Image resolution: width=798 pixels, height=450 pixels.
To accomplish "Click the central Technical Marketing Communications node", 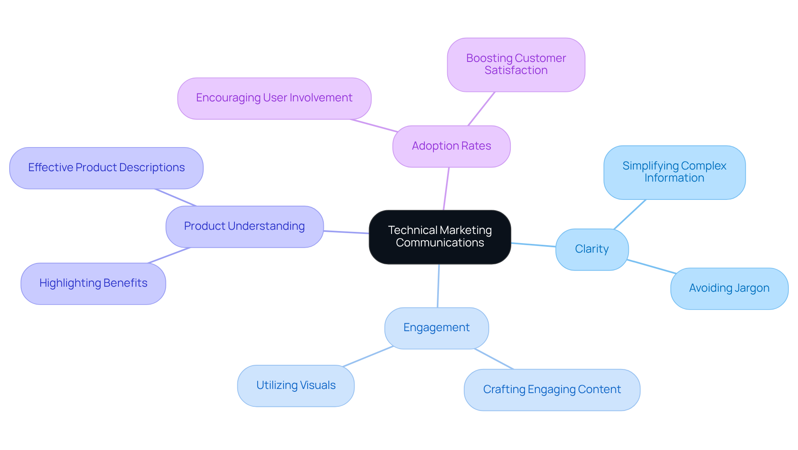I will coord(440,237).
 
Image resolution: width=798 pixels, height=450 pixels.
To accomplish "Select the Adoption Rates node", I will coord(451,146).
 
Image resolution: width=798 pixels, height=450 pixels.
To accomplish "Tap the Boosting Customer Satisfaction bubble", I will coord(516,65).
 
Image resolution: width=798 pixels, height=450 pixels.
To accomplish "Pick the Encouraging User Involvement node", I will coord(274,98).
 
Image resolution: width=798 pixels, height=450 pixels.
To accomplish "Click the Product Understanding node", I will coord(244,226).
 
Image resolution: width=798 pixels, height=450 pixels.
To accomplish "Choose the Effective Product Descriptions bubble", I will coord(106,168).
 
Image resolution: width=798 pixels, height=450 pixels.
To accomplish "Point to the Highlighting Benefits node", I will coord(93,283).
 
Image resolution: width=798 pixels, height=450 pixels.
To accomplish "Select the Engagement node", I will coord(436,328).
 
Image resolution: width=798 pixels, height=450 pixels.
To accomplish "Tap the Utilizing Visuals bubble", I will coord(296,386).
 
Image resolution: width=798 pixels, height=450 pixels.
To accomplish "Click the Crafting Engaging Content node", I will coord(552,390).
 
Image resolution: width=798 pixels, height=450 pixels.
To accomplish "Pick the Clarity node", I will coord(591,249).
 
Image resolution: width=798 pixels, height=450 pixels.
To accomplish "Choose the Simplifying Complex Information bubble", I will coord(674,172).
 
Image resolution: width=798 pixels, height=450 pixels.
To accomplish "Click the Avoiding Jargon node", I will coord(729,288).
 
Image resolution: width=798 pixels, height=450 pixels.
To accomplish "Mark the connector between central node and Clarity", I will coord(533,245).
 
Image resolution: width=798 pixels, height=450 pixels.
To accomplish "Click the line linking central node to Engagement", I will coord(438,286).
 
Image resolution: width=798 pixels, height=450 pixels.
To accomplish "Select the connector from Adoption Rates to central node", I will coord(446,189).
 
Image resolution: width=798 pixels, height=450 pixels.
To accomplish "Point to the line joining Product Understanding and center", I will coord(346,232).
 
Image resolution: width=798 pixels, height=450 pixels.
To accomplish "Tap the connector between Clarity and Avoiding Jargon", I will coord(651,266).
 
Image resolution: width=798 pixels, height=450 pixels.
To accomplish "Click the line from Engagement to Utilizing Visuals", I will coord(368,356).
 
